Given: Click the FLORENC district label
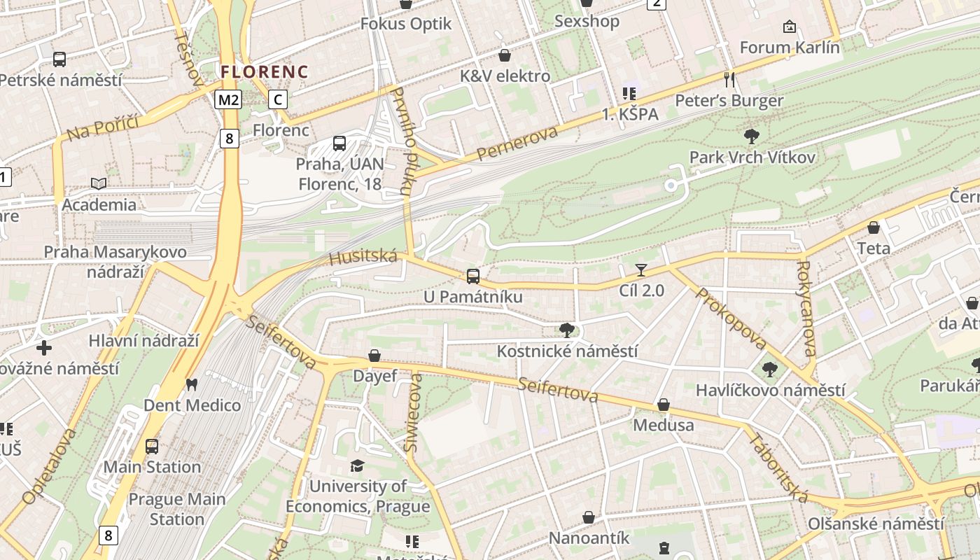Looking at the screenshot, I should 264,71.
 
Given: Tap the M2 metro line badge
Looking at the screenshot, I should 228,99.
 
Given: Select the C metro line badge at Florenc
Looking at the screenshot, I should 278,99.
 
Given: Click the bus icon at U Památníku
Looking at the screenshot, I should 473,276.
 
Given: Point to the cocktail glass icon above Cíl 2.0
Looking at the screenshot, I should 641,269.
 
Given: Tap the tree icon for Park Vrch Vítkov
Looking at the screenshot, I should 752,136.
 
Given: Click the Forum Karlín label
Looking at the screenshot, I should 790,48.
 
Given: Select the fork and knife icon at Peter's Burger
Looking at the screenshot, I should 729,79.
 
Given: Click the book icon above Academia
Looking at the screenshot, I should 99,183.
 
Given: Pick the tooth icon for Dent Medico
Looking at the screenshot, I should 191,384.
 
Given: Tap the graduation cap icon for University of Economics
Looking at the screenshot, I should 358,465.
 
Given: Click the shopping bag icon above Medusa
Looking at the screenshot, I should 663,405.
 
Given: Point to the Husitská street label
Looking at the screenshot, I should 363,257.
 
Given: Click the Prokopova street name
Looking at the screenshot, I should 731,318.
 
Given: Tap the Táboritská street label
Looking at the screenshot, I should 778,468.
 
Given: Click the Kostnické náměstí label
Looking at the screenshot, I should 567,351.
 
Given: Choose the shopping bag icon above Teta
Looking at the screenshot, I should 874,227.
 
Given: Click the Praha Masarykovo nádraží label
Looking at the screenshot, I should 115,261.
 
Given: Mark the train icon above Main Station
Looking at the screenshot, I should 152,446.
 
